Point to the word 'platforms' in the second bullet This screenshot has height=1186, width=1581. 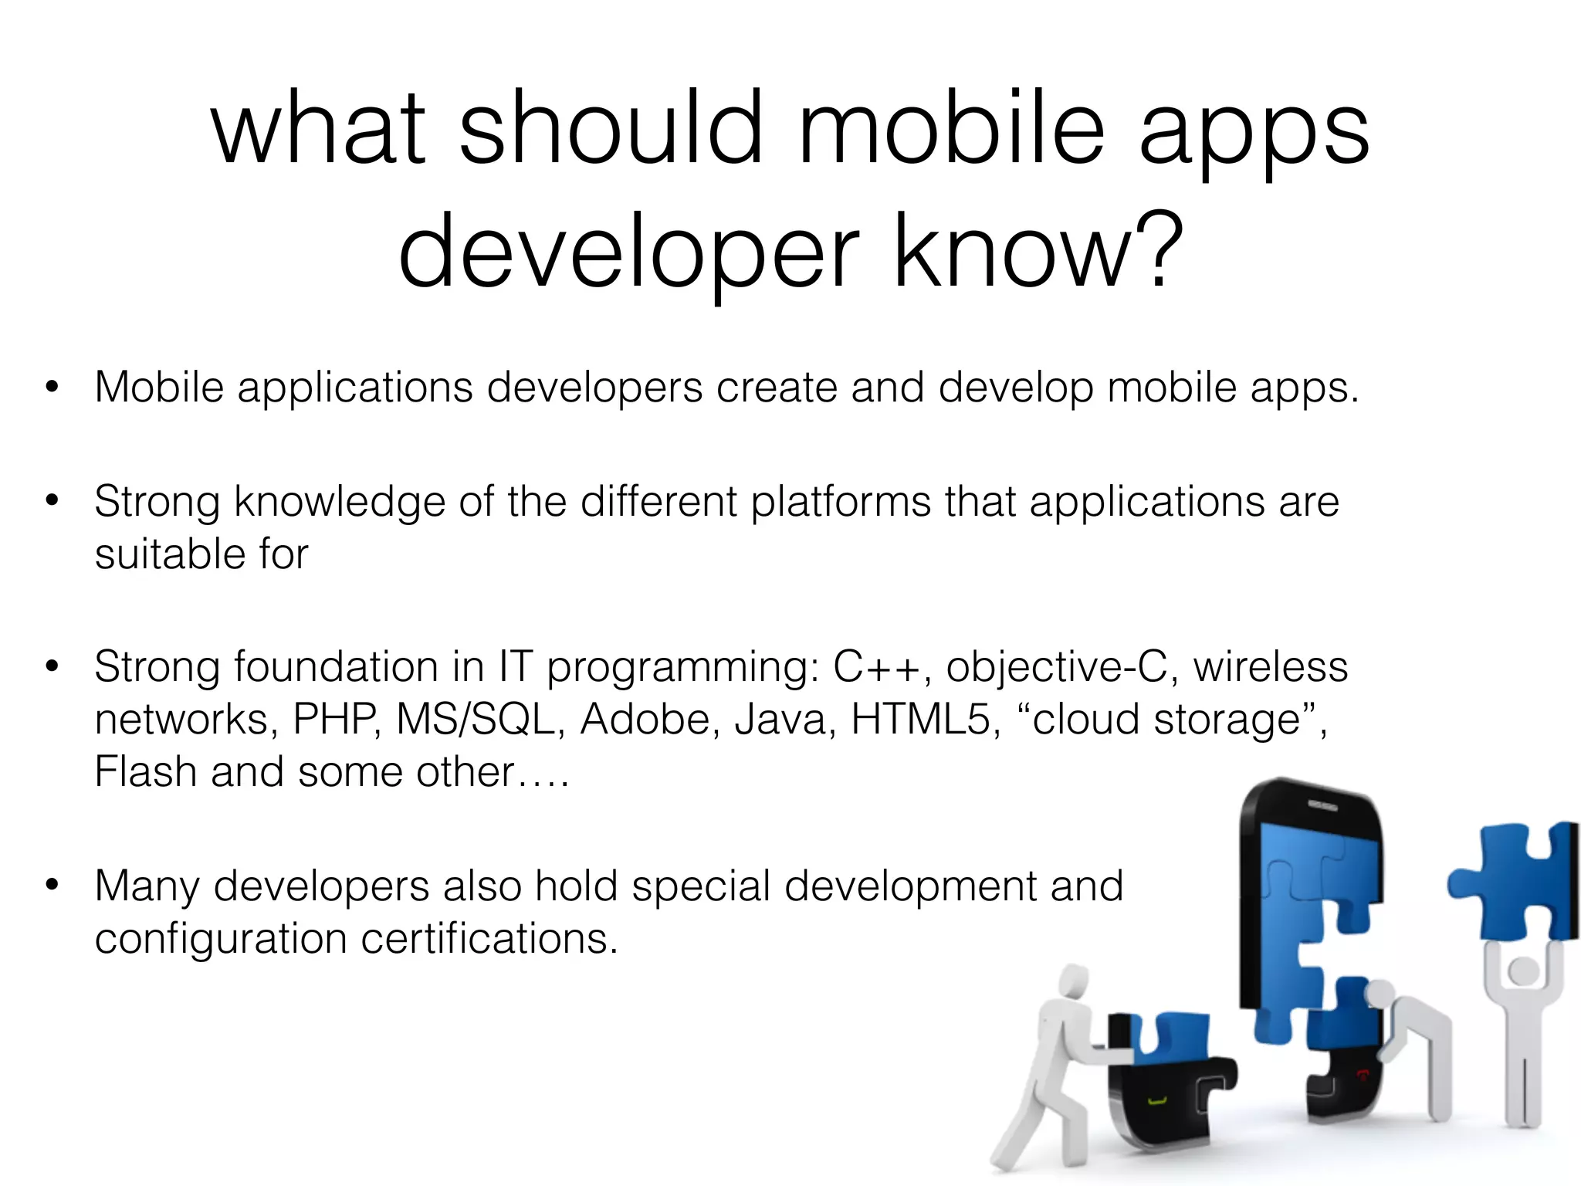coord(841,502)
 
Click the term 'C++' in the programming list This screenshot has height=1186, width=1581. coord(876,667)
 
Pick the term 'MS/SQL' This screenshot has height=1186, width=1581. coord(476,720)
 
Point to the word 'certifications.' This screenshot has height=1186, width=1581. coord(489,939)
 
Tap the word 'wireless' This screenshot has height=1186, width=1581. coord(1271,667)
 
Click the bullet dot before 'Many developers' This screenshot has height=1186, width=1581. coord(52,885)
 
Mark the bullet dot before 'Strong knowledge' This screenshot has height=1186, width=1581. coord(52,500)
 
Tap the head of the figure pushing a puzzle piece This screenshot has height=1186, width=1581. coord(1074,982)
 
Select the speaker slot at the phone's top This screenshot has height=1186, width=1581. coord(1322,805)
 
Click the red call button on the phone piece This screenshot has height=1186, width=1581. coord(1362,1073)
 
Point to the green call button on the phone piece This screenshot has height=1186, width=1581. coord(1156,1100)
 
